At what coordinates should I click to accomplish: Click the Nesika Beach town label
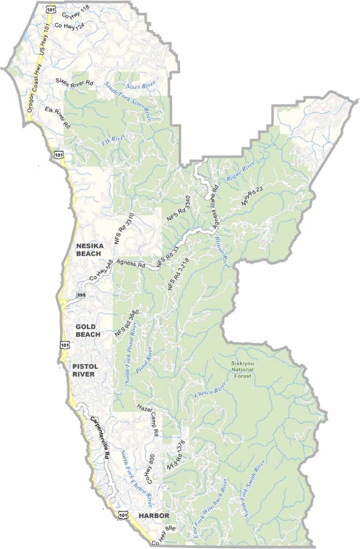88,249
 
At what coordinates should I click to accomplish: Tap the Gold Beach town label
88,330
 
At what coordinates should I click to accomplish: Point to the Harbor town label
153,516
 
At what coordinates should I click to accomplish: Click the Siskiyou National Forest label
242,370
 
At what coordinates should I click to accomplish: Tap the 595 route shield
81,294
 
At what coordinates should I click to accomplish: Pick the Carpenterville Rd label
99,433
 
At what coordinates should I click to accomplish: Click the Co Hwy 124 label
72,27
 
